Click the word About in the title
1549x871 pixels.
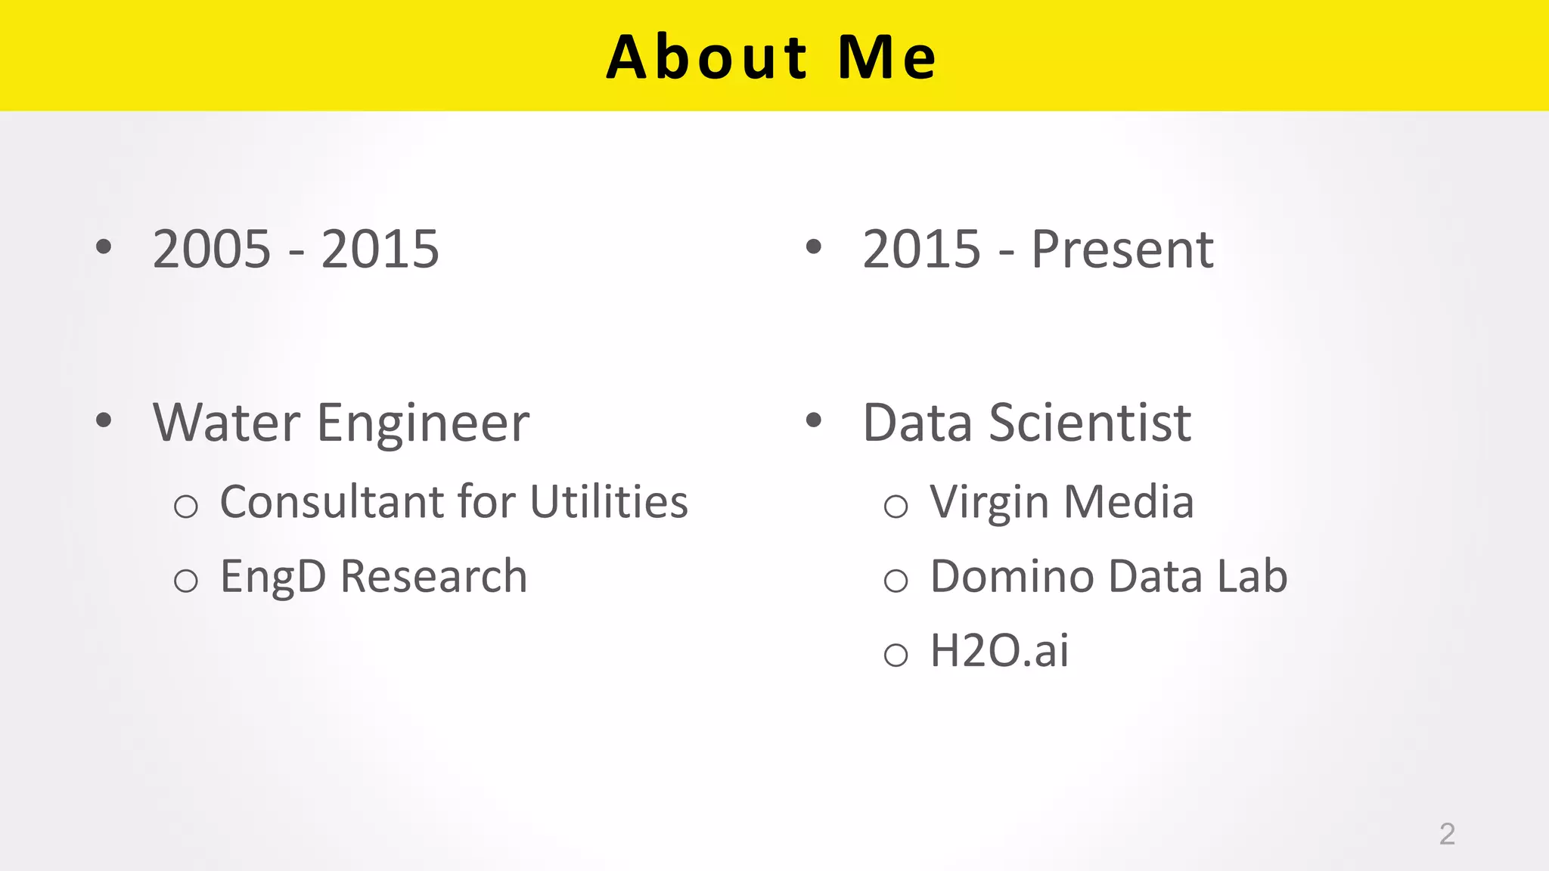[707, 57]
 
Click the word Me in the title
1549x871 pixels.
[888, 57]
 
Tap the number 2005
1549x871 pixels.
[212, 249]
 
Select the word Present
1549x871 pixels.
[1122, 249]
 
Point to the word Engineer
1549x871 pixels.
[423, 423]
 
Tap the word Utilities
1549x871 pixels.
[609, 501]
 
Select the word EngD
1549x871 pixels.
[273, 577]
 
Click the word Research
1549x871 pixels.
[433, 576]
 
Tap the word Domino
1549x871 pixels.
[1012, 576]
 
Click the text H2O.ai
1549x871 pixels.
[999, 650]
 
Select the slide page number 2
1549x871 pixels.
[1446, 834]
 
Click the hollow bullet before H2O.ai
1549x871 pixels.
[896, 655]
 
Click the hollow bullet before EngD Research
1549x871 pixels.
[185, 581]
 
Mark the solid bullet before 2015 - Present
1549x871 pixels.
[814, 246]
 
